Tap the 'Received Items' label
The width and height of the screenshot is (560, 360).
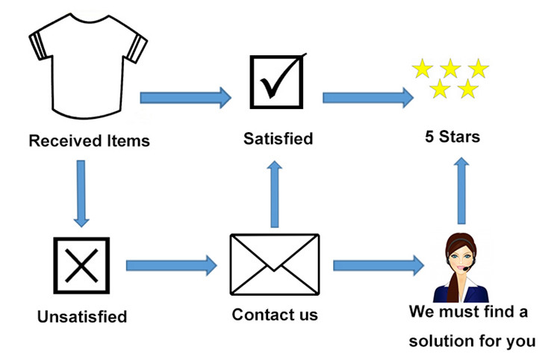point(89,140)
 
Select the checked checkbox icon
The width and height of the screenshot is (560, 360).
point(277,78)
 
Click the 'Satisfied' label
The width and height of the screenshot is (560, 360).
point(278,138)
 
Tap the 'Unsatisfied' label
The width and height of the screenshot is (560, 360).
point(82,317)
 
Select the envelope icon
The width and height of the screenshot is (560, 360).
point(275,266)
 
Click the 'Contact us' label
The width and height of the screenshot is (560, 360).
point(275,314)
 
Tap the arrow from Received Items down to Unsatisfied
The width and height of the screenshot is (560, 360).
point(81,192)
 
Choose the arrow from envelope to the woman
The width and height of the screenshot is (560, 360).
point(378,264)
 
